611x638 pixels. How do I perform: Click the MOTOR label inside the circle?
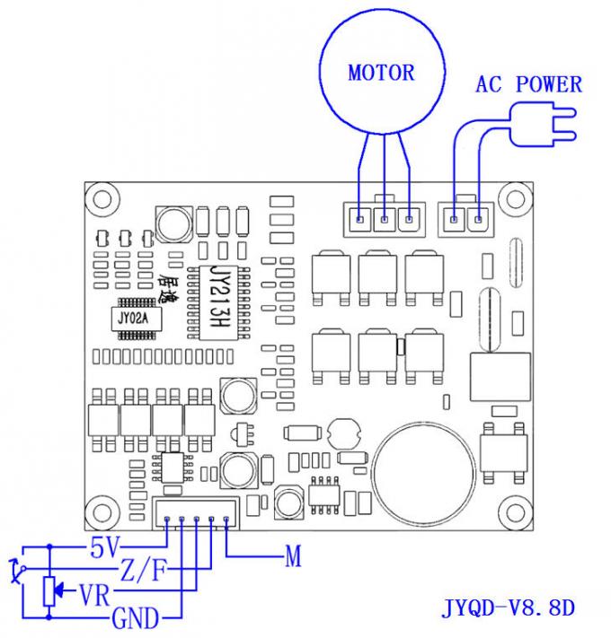click(381, 73)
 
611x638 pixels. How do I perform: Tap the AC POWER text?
click(528, 85)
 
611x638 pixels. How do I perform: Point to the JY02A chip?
click(134, 316)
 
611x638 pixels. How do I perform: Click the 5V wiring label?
click(105, 545)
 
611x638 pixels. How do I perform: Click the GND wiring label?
click(135, 616)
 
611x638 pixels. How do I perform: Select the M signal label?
click(293, 557)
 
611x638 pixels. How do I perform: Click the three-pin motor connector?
click(385, 218)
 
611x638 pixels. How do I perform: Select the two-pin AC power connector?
click(466, 218)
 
